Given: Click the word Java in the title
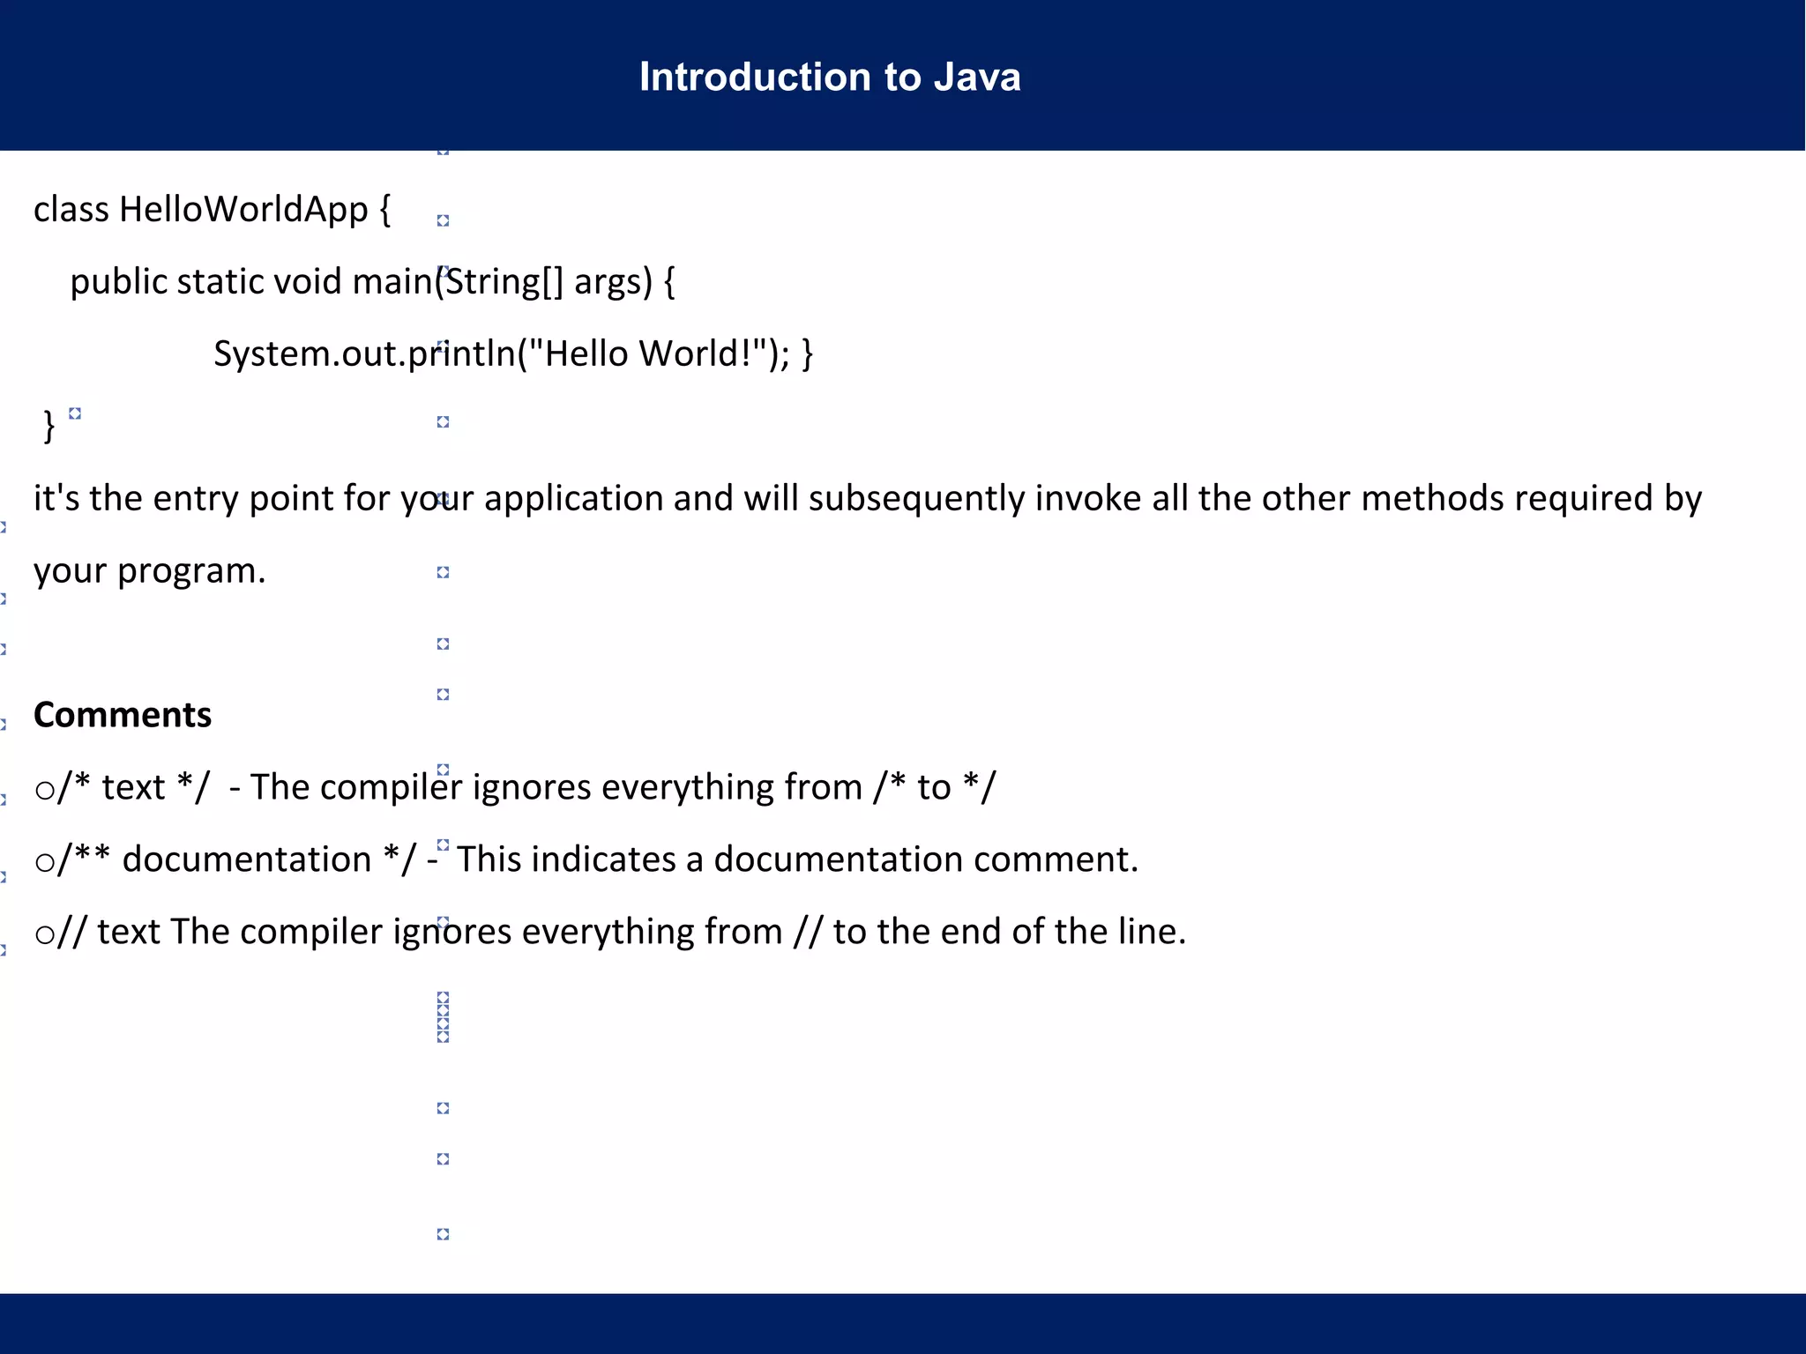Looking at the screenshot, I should (977, 78).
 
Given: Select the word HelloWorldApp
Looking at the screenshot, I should (243, 210).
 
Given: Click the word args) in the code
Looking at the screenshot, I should (613, 282).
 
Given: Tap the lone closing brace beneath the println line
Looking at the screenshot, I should (49, 427).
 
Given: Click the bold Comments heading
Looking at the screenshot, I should (123, 715).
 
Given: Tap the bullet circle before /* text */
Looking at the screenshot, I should (44, 789).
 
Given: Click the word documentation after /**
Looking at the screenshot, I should (247, 859).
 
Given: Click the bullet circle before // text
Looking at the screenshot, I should (44, 934).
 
